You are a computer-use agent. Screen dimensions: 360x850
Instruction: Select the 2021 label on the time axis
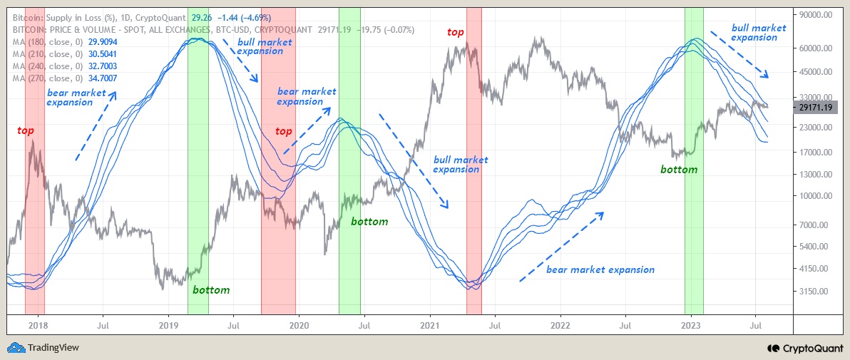click(430, 325)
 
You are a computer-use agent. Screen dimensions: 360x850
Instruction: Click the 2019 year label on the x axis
click(168, 325)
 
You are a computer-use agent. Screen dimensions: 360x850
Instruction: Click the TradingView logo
click(43, 348)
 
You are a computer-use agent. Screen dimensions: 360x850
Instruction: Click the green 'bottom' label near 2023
click(678, 170)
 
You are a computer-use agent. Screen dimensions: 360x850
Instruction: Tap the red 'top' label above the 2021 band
click(455, 32)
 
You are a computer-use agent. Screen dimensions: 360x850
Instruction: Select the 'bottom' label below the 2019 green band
click(211, 290)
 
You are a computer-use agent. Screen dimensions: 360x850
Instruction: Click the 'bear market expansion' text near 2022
click(600, 269)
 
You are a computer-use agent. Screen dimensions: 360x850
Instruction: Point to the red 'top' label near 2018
click(26, 131)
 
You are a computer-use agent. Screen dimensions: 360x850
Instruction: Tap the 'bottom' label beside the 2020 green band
click(369, 222)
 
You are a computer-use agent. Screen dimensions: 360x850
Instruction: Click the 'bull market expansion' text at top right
click(759, 33)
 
